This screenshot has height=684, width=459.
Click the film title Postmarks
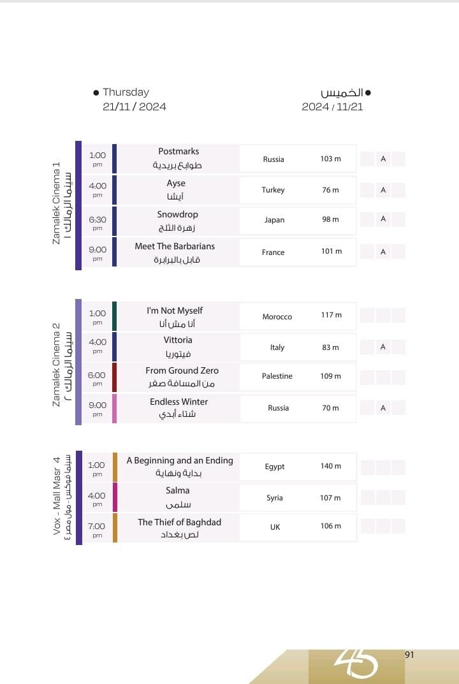click(x=178, y=152)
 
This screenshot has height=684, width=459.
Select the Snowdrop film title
click(x=178, y=215)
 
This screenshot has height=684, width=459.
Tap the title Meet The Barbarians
click(x=175, y=246)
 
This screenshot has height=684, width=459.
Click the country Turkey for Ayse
click(x=273, y=190)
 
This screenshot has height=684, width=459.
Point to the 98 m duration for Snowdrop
click(x=330, y=219)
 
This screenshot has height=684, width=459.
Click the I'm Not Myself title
click(x=175, y=310)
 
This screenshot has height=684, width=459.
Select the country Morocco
click(x=277, y=317)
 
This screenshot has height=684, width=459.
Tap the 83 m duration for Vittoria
click(x=330, y=347)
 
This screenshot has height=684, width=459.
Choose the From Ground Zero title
click(x=182, y=370)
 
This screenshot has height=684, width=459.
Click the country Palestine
click(x=277, y=376)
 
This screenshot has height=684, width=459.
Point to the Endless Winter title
click(x=178, y=402)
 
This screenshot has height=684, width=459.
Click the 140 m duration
click(x=330, y=466)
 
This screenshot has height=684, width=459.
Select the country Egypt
click(x=275, y=467)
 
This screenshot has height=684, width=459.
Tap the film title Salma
click(x=178, y=490)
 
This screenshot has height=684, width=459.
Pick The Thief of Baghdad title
click(x=179, y=522)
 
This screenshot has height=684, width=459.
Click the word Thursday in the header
click(x=126, y=92)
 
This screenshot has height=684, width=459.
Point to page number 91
click(x=409, y=655)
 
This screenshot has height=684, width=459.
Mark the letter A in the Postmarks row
click(x=383, y=159)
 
